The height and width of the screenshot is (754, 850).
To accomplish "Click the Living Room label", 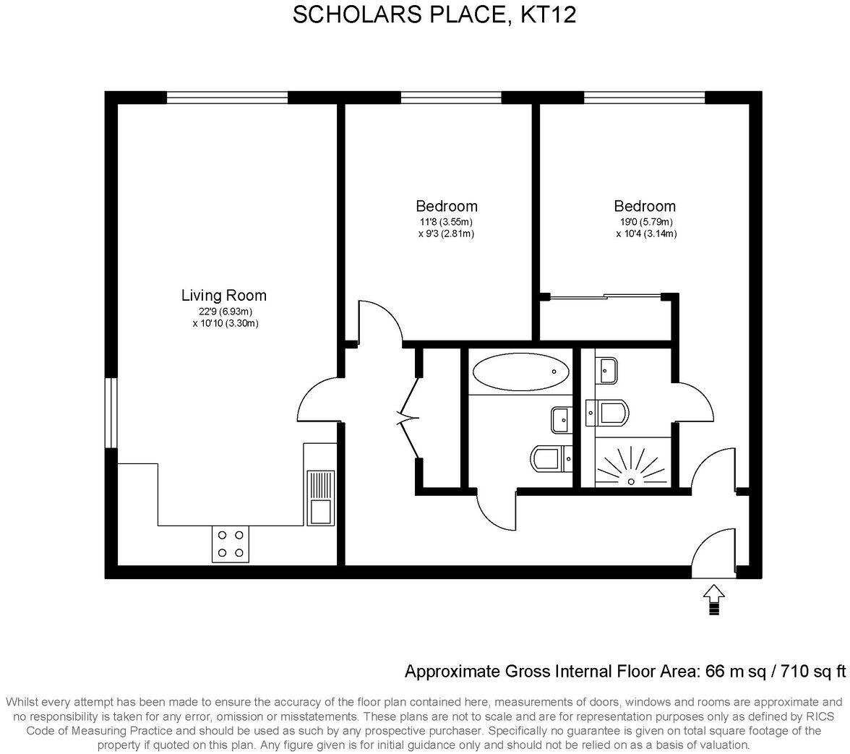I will point(223,295).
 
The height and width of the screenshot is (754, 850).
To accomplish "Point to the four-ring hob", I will point(231,544).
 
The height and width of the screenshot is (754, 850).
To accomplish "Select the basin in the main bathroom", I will point(561,417).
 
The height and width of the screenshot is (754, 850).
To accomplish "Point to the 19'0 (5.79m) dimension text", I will point(645,222).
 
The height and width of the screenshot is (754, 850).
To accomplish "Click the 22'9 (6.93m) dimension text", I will point(224,312).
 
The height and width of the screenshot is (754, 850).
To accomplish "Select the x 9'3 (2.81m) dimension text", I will point(446,234).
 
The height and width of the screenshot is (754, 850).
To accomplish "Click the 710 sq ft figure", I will point(813,672).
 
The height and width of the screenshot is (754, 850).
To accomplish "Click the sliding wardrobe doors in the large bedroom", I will point(606,295).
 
